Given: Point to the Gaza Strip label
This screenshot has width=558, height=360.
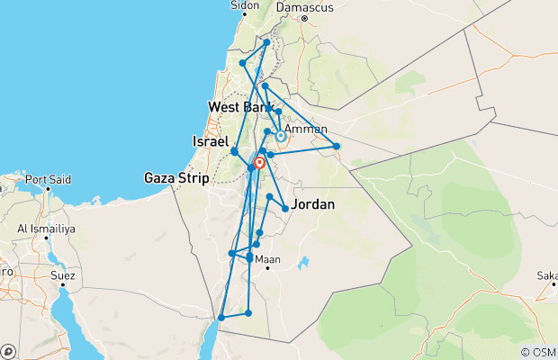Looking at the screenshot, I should point(175,178).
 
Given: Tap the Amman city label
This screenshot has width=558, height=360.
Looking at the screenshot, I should point(306,129).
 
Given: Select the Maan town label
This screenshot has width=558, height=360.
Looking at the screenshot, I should point(268,260).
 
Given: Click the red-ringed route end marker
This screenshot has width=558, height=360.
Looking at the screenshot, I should point(260,163).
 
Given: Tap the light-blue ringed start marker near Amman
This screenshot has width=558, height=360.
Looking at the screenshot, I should point(281,136).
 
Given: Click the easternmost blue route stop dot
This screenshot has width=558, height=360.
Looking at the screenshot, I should point(337,146).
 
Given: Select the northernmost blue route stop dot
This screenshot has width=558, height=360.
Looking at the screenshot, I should point(267,41).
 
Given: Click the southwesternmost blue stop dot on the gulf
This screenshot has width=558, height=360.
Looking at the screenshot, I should point(220,318).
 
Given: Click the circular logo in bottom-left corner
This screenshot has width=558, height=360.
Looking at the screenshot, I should point(8,351).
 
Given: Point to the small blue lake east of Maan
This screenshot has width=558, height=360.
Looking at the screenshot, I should point(303,263).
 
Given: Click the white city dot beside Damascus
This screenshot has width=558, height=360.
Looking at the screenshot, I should point(304,17).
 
